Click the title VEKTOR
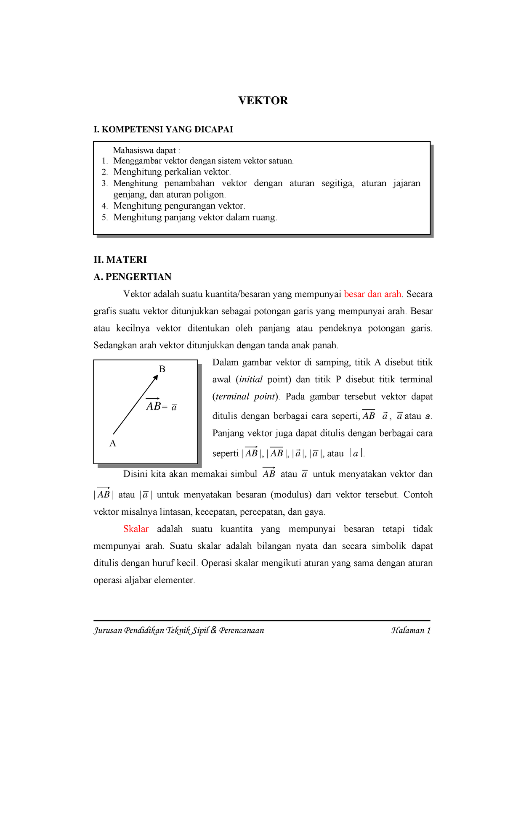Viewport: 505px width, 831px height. [x=263, y=101]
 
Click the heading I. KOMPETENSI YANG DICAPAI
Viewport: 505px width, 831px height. [x=163, y=130]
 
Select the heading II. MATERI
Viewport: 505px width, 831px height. [x=120, y=259]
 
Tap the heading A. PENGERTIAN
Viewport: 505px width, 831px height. [x=133, y=277]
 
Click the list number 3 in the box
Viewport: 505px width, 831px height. [x=104, y=183]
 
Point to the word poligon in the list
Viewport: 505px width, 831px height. [x=210, y=195]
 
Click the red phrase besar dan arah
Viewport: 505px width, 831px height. [x=372, y=294]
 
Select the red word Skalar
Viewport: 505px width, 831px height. [x=136, y=529]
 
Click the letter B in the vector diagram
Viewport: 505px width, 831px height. [x=162, y=369]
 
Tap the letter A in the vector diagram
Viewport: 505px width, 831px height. [x=112, y=443]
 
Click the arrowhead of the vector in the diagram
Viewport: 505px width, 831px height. [x=156, y=377]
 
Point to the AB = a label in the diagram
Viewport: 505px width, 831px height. [x=161, y=406]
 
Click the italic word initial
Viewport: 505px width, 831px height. [x=251, y=379]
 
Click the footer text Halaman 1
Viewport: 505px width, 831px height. [x=411, y=630]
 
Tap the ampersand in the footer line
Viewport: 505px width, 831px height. [x=213, y=630]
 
